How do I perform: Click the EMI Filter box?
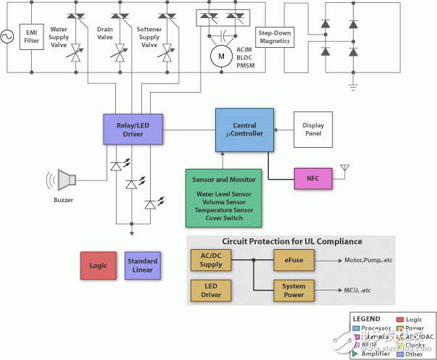coord(31,35)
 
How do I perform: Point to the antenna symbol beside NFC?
coord(345,169)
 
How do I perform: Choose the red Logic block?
coord(97,266)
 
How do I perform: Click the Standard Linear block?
coord(142,266)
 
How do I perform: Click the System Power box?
coord(294,290)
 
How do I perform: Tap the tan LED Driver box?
coord(211,290)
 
